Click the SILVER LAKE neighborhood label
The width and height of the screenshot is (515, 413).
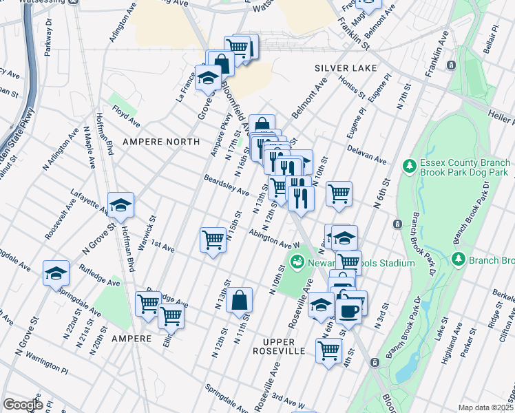pos(346,68)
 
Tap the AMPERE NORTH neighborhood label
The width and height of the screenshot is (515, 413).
pos(161,142)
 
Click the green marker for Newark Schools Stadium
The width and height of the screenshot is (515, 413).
pos(297,262)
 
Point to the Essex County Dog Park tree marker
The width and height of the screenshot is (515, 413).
pos(410,165)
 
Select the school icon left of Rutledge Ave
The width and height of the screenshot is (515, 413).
pos(56,273)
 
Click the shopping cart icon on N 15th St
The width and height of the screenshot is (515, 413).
pos(213,240)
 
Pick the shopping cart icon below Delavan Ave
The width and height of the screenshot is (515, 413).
pos(339,194)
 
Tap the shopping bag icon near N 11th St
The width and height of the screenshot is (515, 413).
pos(239,300)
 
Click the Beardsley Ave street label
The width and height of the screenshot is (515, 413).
pos(226,184)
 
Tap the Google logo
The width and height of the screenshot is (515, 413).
pos(22,404)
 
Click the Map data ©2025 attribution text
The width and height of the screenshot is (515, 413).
pos(485,407)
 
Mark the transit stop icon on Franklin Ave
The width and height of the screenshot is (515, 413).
pos(452,65)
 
